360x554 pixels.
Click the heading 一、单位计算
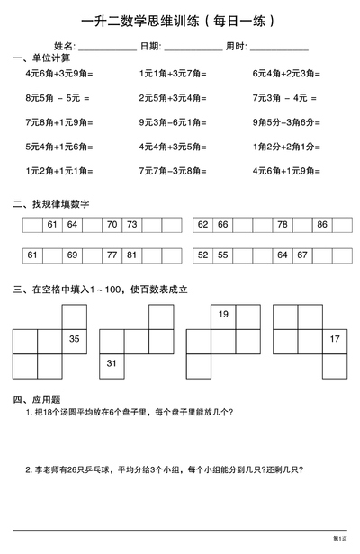tap(39, 58)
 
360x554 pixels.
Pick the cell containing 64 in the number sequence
tap(72, 225)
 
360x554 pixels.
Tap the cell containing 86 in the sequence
tap(322, 225)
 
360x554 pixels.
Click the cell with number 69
tap(72, 255)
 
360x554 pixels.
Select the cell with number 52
tap(202, 255)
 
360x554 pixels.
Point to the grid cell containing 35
tap(74, 339)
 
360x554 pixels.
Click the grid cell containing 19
tap(223, 314)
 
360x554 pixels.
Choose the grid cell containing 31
tap(112, 363)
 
